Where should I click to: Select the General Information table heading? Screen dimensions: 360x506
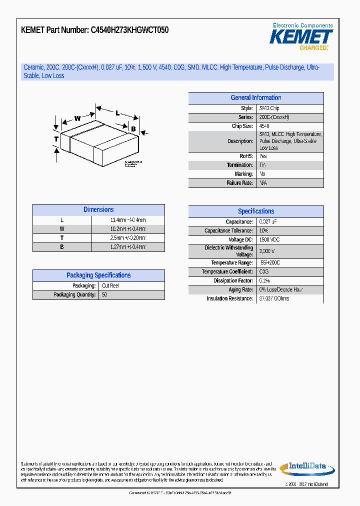[x=255, y=98]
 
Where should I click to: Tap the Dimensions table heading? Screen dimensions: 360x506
[x=98, y=210]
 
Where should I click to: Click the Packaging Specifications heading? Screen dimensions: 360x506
[x=98, y=275]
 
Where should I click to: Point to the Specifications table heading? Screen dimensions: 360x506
[x=255, y=211]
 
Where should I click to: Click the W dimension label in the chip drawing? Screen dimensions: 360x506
[x=77, y=118]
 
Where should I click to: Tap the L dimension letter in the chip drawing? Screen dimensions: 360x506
[x=117, y=113]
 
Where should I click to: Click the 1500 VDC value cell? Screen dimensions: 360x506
[x=269, y=240]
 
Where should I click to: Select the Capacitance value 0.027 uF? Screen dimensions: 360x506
[x=268, y=222]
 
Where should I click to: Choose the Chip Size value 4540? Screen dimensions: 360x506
[x=264, y=126]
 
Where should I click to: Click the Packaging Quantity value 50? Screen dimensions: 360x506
[x=105, y=295]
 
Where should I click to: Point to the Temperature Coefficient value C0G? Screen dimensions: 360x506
[x=264, y=272]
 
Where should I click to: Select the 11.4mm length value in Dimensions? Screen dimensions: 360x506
[x=128, y=220]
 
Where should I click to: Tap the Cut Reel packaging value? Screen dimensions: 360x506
[x=110, y=286]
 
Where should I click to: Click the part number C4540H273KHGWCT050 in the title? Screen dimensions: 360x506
[x=129, y=30]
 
